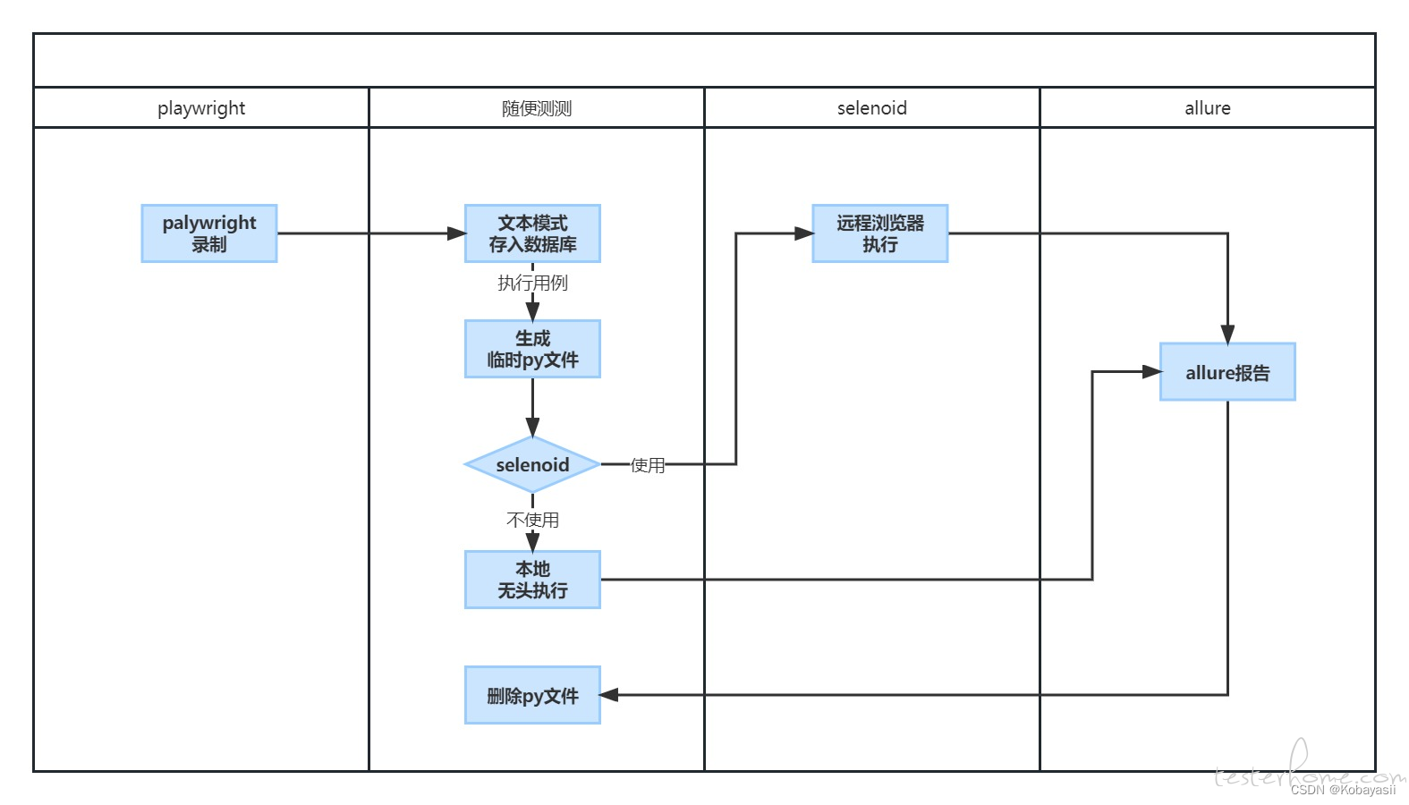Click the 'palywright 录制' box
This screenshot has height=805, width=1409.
click(208, 233)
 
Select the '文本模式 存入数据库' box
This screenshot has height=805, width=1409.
click(532, 233)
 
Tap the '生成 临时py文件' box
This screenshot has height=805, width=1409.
click(532, 349)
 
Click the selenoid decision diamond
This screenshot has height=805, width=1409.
click(532, 464)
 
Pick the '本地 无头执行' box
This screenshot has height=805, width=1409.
click(532, 580)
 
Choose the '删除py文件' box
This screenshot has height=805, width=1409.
click(532, 695)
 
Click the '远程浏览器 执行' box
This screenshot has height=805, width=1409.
click(880, 233)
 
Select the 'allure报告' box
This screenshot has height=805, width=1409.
click(1227, 372)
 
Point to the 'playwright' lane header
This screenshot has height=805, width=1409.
click(201, 108)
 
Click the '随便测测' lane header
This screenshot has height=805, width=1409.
click(537, 109)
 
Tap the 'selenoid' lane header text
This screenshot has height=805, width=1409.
click(872, 108)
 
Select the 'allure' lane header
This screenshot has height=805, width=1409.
click(1208, 108)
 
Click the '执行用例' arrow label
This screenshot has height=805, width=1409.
click(533, 283)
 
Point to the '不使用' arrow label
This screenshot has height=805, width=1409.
click(533, 520)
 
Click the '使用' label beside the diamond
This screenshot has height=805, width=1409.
click(648, 465)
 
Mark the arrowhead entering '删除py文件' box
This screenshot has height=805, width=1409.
click(608, 695)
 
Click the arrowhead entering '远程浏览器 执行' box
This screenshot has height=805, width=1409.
click(804, 233)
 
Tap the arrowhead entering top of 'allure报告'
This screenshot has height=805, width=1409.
click(1227, 335)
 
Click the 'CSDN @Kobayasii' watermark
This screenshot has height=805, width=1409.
click(1343, 790)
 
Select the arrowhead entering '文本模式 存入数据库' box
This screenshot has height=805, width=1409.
click(456, 233)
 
